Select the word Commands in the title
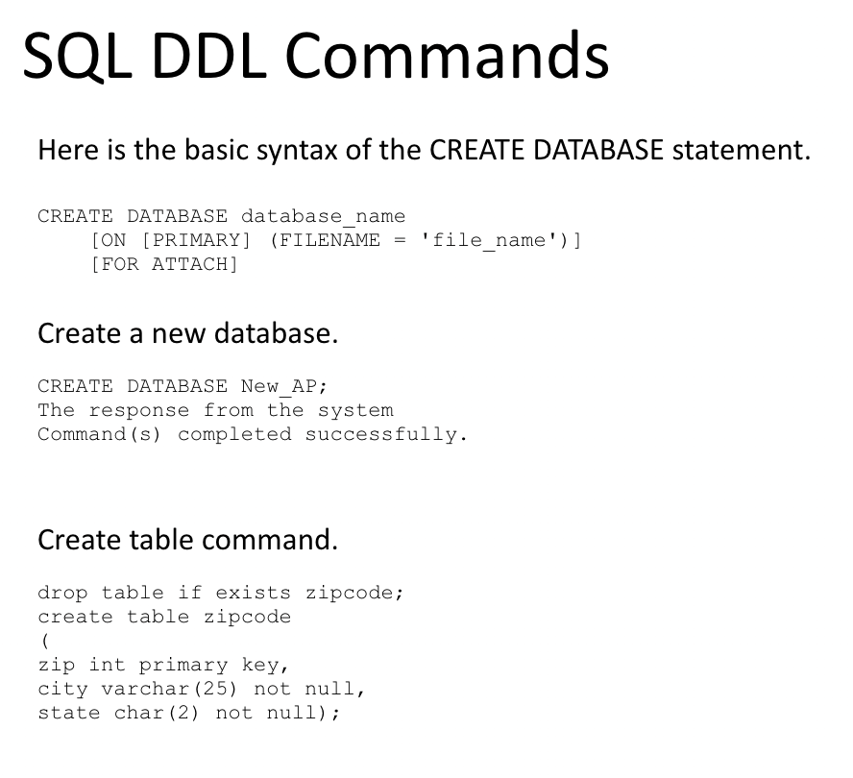[446, 56]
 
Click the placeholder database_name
[323, 216]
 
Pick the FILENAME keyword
[325, 240]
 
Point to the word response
[139, 410]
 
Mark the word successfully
[385, 434]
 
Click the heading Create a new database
[187, 334]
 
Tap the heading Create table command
[187, 540]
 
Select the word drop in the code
[62, 593]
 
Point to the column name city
[62, 689]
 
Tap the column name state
[68, 713]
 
